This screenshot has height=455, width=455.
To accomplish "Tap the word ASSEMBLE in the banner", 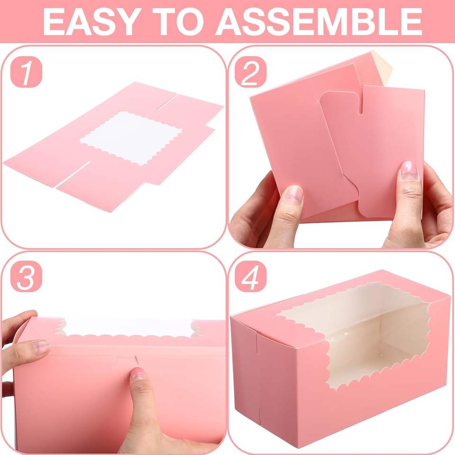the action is point(318,21).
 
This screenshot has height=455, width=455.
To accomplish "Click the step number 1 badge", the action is point(26,72).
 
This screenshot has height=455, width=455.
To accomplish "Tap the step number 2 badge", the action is point(251,72).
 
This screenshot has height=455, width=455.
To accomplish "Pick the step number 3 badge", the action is point(26,276).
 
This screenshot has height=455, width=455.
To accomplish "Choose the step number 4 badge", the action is point(251,276).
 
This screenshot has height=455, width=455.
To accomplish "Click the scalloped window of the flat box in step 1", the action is point(131,138).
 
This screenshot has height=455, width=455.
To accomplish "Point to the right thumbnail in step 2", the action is point(409,171).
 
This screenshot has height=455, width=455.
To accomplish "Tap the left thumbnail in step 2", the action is point(294,195).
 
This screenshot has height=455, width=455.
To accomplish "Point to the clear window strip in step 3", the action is point(127,328).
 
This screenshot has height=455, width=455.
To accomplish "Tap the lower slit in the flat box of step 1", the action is point(74,173).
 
